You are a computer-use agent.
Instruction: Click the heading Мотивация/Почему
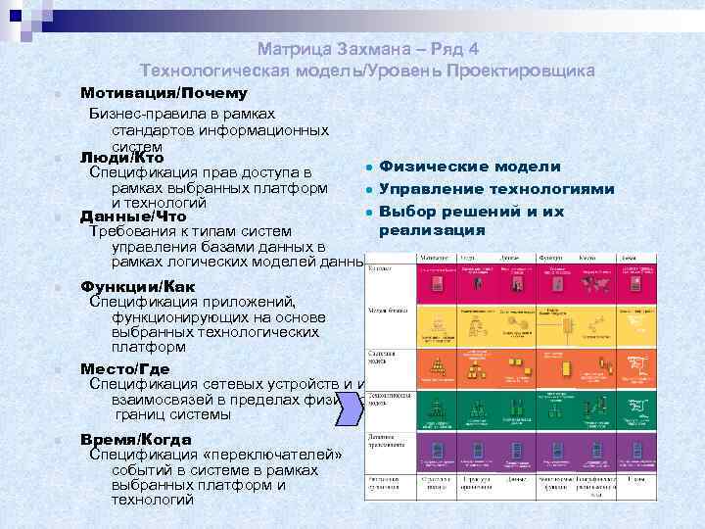[163, 94]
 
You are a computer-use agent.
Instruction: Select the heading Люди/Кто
[121, 158]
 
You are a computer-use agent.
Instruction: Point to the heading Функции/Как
[138, 286]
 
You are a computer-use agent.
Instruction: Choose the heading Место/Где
[124, 369]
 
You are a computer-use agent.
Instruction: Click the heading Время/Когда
[136, 440]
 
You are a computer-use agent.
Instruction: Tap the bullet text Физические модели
[469, 168]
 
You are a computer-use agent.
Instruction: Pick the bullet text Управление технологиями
[496, 189]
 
